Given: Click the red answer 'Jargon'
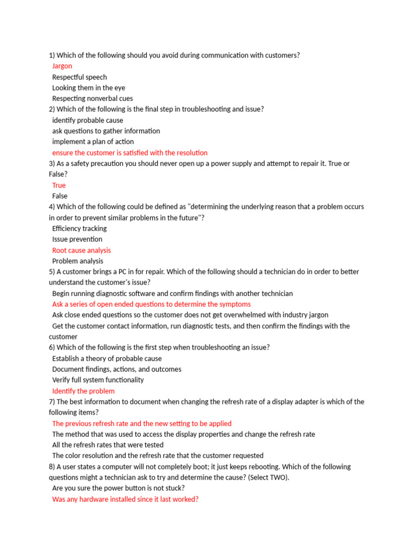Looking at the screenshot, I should [x=62, y=66].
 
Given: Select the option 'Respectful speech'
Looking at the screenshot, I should [x=80, y=77].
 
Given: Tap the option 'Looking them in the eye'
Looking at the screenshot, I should [x=89, y=88].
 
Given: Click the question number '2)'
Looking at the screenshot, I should [x=52, y=109].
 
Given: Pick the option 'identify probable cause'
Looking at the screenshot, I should [x=88, y=120].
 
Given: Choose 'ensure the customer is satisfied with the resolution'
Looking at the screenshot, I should [x=129, y=153].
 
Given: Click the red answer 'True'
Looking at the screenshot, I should [x=59, y=185].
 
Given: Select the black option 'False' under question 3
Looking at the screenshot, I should [x=60, y=196].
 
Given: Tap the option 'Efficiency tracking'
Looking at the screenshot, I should [x=80, y=229].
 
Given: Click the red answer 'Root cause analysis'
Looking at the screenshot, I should [x=81, y=250].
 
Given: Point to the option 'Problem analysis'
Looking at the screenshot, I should [x=77, y=261].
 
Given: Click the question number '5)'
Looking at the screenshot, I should [x=52, y=272].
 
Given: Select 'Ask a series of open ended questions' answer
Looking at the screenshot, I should [x=151, y=305].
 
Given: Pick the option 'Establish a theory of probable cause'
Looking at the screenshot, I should [x=107, y=359].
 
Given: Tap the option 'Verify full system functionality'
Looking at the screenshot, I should [x=98, y=380].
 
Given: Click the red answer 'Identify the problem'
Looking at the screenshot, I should [x=83, y=391].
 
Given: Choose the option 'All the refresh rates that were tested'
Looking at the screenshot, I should [x=108, y=446].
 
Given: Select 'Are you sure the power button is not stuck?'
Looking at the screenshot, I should [x=119, y=488].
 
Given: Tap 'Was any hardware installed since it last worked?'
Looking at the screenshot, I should [x=125, y=499].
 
